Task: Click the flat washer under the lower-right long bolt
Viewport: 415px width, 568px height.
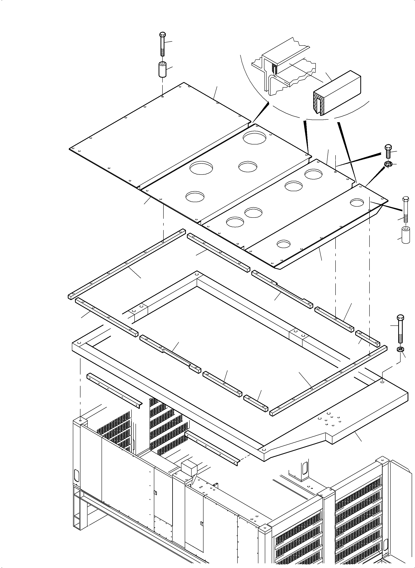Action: [400, 349]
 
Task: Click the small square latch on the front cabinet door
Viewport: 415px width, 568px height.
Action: [155, 492]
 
